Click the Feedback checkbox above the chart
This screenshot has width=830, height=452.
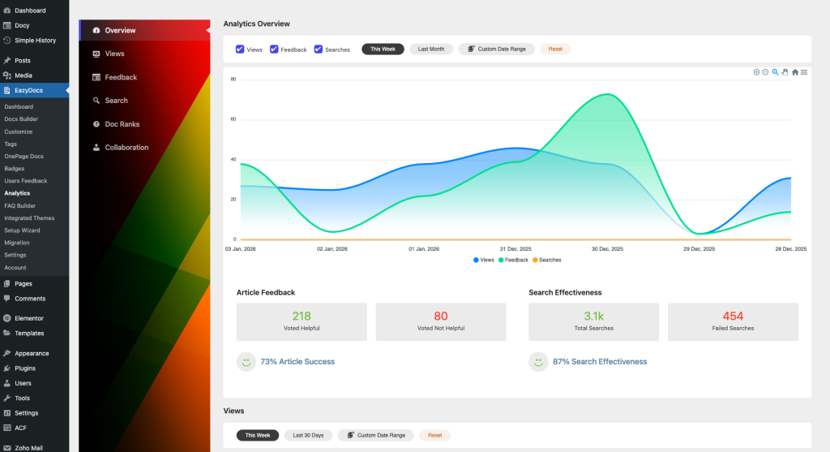coord(274,50)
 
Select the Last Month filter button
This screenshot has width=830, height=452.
coord(430,50)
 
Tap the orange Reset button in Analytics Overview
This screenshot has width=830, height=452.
coord(555,50)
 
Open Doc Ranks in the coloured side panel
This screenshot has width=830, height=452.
coord(122,124)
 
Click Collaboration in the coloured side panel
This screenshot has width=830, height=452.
coord(126,148)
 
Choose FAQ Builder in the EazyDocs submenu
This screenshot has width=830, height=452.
coord(20,205)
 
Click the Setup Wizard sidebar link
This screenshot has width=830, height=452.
coord(22,230)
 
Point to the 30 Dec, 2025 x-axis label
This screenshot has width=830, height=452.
coord(606,248)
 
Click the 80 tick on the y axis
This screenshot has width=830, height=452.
coord(233,80)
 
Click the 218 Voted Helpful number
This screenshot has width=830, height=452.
coord(302,316)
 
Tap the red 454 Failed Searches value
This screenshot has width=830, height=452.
coord(733,316)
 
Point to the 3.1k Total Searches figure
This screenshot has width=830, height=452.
coord(593,316)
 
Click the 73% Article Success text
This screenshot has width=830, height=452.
coord(297,362)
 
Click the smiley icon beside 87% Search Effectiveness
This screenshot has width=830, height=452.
coord(538,362)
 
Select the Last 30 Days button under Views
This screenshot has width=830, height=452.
coord(308,436)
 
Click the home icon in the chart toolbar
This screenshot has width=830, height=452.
coord(795,72)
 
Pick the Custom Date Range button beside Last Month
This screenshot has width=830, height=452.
coord(497,50)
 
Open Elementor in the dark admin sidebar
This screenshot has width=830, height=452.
coord(29,318)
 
